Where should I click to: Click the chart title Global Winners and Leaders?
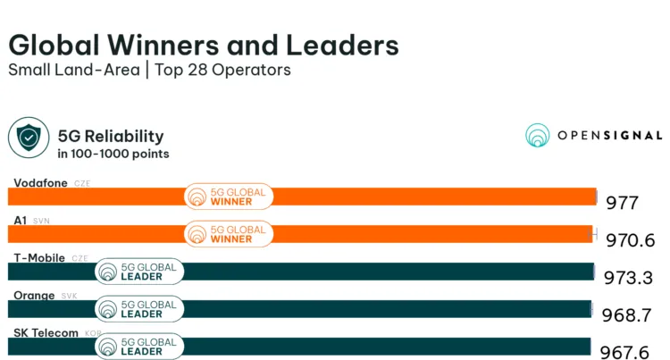tap(203, 46)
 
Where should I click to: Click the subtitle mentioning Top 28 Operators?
tap(149, 71)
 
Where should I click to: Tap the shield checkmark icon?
tap(29, 138)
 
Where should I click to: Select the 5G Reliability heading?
tap(110, 136)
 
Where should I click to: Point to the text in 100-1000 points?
tap(113, 154)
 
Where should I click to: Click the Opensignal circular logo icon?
tap(537, 136)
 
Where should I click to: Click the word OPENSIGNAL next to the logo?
tap(609, 136)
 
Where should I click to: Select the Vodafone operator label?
tap(38, 183)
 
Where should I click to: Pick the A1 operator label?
tap(19, 220)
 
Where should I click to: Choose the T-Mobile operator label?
tap(38, 258)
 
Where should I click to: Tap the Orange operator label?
tap(34, 295)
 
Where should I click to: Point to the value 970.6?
tap(631, 240)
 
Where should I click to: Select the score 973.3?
tap(630, 277)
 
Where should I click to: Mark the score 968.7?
tap(630, 314)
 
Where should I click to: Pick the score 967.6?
tap(630, 352)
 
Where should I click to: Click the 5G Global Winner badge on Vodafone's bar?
tap(228, 197)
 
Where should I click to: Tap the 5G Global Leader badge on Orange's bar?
tap(139, 308)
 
